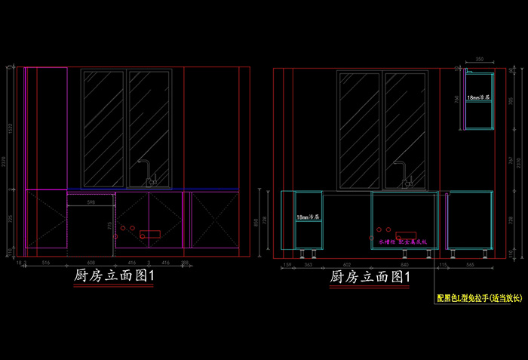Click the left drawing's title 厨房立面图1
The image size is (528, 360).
(115, 277)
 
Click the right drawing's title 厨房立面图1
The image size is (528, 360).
(370, 278)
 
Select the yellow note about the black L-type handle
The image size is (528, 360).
(479, 298)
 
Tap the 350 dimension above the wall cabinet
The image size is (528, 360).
(480, 59)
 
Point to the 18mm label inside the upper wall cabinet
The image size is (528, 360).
(478, 98)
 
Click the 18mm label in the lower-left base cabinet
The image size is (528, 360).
(308, 217)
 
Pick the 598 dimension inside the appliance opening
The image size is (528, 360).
(91, 202)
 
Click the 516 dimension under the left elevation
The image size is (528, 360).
(45, 262)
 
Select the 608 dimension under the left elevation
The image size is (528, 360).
(91, 262)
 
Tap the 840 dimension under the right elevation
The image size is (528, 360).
(404, 264)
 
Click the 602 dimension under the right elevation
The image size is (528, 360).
(347, 264)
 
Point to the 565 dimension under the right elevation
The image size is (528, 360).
(471, 264)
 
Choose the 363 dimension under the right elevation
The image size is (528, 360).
(308, 264)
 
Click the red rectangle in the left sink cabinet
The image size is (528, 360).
(150, 233)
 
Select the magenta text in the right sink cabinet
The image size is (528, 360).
(403, 242)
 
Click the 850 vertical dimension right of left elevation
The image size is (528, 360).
(258, 223)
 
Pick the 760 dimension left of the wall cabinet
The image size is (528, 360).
(458, 98)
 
